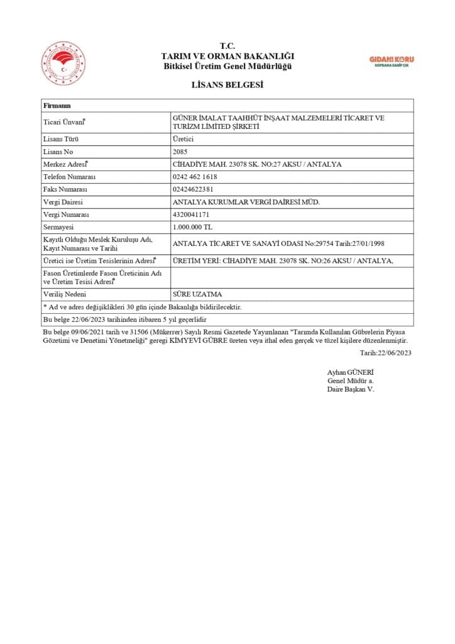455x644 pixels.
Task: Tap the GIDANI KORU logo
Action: tap(392, 60)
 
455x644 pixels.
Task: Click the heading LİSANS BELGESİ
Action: tap(227, 85)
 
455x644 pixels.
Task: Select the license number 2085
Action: tap(180, 152)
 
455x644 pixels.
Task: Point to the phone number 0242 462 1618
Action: tap(195, 177)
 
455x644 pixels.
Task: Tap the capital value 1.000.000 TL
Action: tap(192, 227)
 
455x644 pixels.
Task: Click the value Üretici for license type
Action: tap(183, 139)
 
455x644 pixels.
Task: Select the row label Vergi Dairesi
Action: tap(63, 202)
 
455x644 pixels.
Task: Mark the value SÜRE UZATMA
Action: tap(197, 294)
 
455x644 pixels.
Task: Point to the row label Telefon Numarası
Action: tap(69, 177)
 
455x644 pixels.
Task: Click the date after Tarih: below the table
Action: tap(395, 353)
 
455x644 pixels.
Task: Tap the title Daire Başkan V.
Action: tap(350, 389)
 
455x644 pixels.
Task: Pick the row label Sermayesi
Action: tap(58, 227)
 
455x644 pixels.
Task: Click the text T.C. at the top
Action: tap(227, 46)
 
